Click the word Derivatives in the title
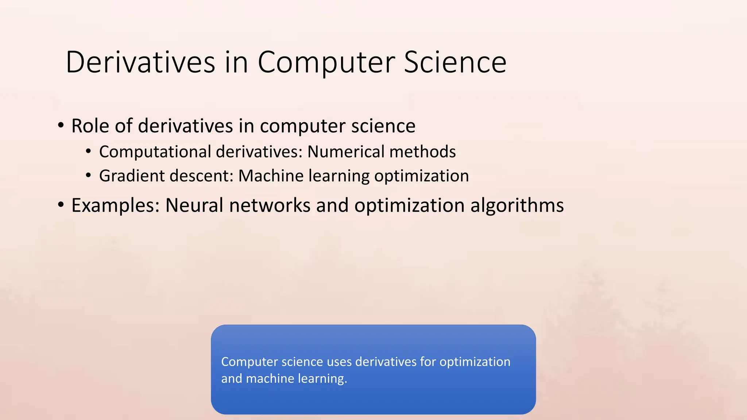[x=140, y=62]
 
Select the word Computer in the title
[x=326, y=63]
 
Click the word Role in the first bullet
[x=90, y=126]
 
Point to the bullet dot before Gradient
[x=88, y=176]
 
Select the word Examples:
[x=116, y=206]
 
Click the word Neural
[x=194, y=205]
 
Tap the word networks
[x=270, y=205]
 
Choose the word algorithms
[x=517, y=205]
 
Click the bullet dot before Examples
[x=61, y=205]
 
